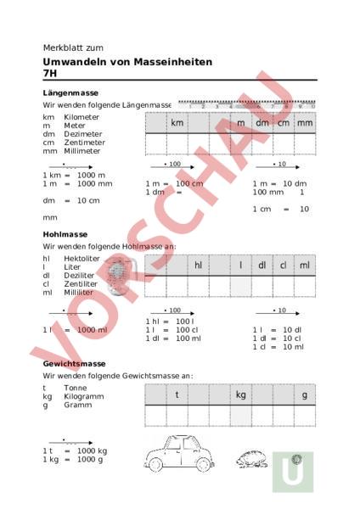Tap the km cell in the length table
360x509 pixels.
tap(177, 123)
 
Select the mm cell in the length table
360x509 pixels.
tap(305, 123)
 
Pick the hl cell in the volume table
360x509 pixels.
tap(198, 266)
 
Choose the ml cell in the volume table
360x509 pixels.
tap(305, 266)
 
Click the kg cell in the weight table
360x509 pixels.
tap(240, 394)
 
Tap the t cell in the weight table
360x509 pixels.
tap(177, 394)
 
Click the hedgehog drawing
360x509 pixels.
tap(253, 458)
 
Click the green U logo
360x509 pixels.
tap(293, 472)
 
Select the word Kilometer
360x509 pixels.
tap(82, 117)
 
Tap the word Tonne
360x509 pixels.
tap(75, 388)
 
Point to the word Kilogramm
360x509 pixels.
tap(82, 396)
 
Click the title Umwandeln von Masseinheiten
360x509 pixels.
tap(127, 62)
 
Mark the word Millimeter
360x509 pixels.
tap(82, 151)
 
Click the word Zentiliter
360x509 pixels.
tap(81, 283)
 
